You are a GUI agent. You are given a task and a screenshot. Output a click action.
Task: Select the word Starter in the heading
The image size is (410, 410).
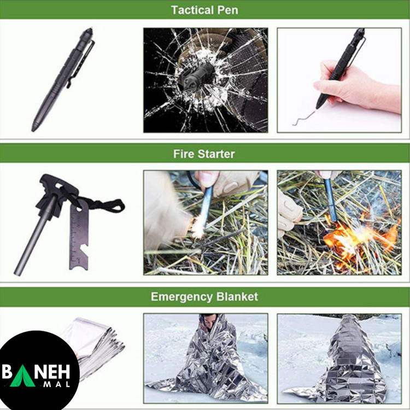(x=216, y=154)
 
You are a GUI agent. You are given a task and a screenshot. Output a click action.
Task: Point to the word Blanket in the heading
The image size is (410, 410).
(x=237, y=297)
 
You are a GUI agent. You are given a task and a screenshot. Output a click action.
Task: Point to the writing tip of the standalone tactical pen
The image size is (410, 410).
(x=33, y=129)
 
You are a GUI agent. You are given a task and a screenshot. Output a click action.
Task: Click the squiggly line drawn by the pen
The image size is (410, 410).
(x=303, y=117)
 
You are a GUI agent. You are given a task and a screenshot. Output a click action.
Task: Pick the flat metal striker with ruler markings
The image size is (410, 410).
(x=79, y=235)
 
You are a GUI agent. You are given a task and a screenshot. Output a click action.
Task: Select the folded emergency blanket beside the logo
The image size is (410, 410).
(x=97, y=345)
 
